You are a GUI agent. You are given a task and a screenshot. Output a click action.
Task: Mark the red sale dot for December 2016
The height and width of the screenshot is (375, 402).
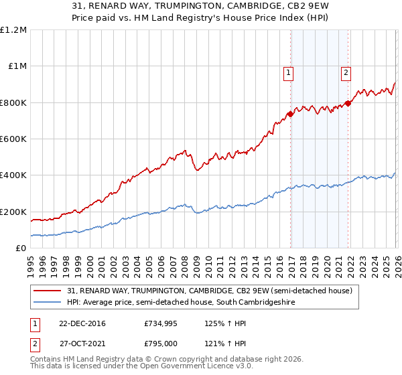tap(290, 115)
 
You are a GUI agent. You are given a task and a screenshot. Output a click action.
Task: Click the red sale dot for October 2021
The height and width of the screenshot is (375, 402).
tap(348, 103)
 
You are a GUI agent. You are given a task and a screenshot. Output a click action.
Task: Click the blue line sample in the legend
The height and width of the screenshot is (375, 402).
tap(48, 303)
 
